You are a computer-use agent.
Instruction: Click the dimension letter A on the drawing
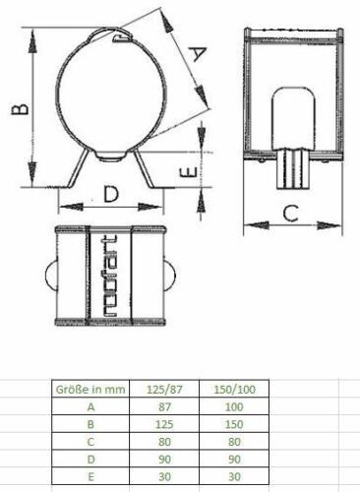coord(199,54)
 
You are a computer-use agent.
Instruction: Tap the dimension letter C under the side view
coord(290,213)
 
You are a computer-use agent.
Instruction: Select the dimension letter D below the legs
coord(111,194)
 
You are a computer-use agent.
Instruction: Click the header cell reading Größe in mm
coord(90,390)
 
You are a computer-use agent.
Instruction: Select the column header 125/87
coord(164,390)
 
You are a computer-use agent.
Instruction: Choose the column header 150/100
coord(234,390)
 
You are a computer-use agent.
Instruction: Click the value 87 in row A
coord(164,406)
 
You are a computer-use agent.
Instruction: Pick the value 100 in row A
coord(234,406)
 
